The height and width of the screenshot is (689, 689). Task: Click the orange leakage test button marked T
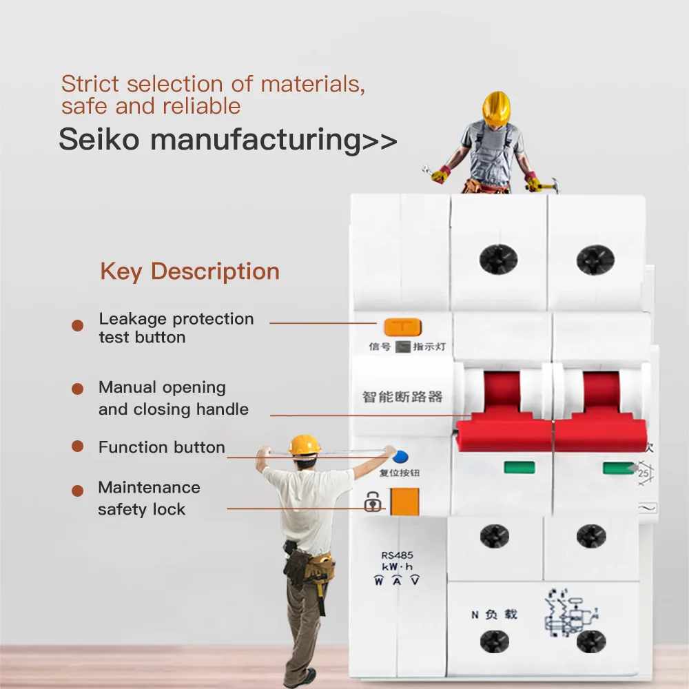402,327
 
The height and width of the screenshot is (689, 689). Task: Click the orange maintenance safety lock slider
404,502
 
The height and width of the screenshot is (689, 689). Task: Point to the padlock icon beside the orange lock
373,502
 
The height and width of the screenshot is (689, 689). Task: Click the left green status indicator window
519,468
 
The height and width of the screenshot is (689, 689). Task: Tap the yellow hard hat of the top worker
495,107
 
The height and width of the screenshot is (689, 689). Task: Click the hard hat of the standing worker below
304,445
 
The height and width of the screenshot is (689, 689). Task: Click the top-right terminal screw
595,259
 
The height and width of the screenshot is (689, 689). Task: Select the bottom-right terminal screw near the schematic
591,641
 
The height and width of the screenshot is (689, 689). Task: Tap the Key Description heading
189,271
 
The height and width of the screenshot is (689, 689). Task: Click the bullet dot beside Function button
78,447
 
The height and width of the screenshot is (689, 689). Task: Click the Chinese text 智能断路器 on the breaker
402,397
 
